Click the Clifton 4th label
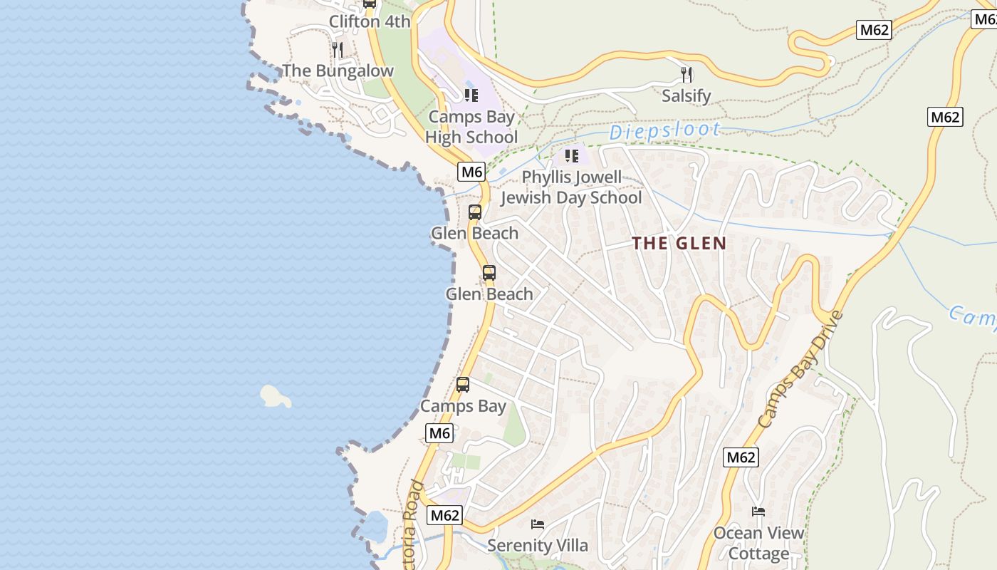coord(369,21)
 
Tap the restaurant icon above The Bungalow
coord(338,49)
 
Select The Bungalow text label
coord(338,71)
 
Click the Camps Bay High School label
coord(471,127)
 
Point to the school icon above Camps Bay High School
coord(471,95)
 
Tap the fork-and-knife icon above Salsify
coord(687,74)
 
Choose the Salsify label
coord(687,95)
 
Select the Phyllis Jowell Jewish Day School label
coord(571,187)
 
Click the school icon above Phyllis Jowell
coord(571,155)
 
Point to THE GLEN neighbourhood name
coord(679,243)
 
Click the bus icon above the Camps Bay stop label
coord(463,385)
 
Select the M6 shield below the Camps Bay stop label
coord(439,433)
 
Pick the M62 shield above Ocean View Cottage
coord(741,457)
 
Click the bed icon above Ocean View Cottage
coord(758,512)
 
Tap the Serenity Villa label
coord(538,546)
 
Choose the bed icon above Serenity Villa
coord(538,524)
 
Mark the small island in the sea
coord(275,396)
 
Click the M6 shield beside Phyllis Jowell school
coord(471,172)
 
